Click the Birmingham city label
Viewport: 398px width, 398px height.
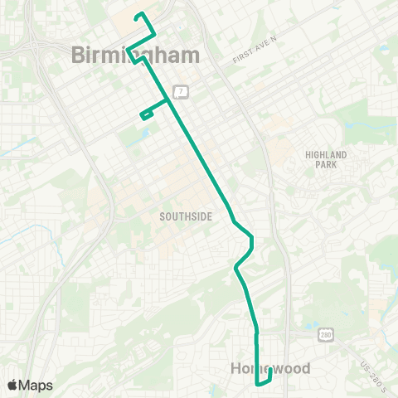(136, 56)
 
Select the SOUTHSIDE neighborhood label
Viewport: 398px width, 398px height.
(186, 216)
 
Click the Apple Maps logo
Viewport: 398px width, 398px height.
(30, 385)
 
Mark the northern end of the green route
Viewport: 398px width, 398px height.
(138, 15)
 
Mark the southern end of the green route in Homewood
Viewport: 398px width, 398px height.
(270, 370)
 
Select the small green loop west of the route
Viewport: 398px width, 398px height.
(146, 115)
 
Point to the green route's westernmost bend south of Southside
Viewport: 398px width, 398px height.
(236, 268)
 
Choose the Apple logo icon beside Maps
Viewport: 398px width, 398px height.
(12, 385)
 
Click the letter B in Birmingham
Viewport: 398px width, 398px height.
(79, 56)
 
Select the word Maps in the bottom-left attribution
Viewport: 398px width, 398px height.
(36, 385)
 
